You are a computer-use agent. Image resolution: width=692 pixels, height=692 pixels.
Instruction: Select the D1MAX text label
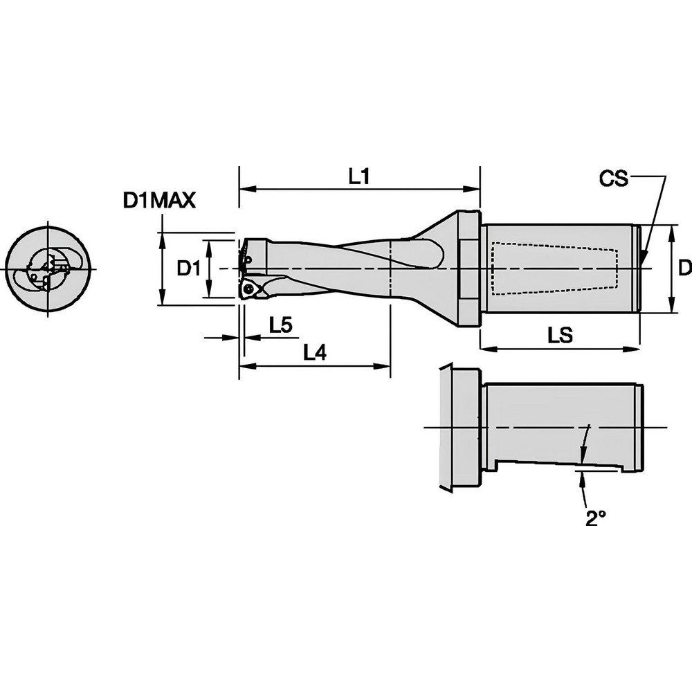159,201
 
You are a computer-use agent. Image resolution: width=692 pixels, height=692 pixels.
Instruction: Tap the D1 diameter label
189,268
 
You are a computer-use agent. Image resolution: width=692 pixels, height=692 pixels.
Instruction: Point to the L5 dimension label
281,325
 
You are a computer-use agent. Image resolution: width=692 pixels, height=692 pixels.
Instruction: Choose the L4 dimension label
315,353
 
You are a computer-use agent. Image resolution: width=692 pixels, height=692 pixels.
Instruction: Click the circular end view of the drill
47,268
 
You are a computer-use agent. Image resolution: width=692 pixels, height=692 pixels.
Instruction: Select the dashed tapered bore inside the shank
554,268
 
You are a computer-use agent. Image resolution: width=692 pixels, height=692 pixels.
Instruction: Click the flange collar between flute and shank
468,268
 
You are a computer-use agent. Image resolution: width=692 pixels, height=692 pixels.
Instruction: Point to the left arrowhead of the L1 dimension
244,188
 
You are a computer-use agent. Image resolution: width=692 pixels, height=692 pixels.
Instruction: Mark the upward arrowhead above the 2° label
583,478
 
